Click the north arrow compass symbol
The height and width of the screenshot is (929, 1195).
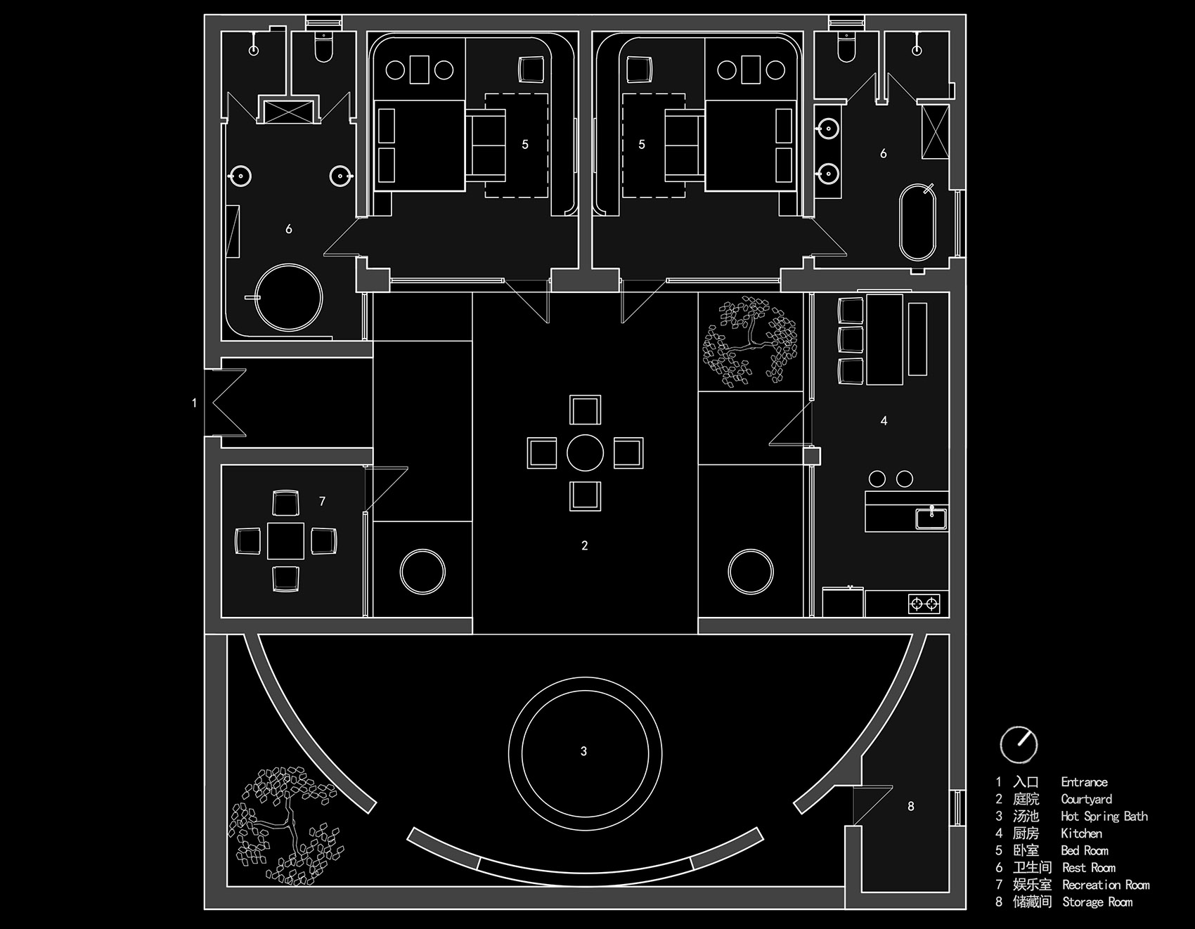click(x=1018, y=744)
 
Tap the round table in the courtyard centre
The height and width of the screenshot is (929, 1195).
click(x=585, y=453)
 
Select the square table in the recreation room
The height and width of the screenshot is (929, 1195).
click(x=285, y=540)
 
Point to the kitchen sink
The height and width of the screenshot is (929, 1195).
click(x=931, y=518)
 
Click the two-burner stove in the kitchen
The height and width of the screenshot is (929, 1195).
click(x=924, y=603)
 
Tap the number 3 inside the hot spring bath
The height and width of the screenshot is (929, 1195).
click(x=583, y=751)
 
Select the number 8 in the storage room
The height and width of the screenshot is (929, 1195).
click(x=911, y=806)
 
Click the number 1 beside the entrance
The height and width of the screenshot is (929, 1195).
click(x=195, y=403)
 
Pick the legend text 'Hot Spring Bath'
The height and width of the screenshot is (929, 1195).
click(x=1104, y=816)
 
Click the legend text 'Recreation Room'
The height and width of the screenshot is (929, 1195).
click(x=1106, y=885)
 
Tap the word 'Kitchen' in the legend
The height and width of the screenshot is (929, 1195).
click(x=1081, y=833)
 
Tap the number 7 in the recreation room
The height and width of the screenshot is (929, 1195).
click(x=322, y=501)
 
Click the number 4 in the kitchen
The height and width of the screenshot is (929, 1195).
click(x=884, y=420)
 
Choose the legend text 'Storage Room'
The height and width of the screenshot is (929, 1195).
click(x=1097, y=902)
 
